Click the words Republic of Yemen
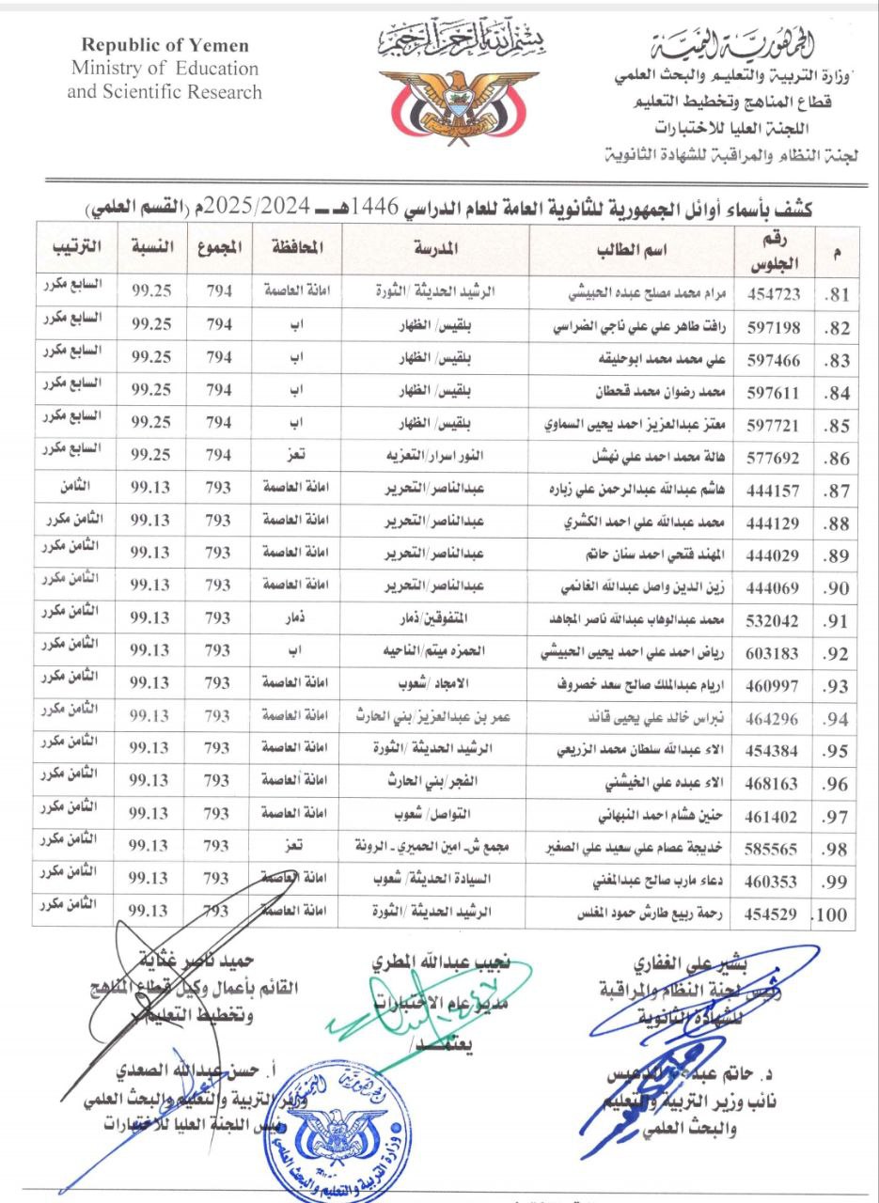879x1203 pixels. [x=165, y=45]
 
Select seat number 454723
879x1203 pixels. [x=774, y=293]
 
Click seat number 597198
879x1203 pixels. [x=774, y=327]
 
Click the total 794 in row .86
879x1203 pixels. [x=219, y=455]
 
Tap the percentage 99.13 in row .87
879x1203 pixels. [x=150, y=488]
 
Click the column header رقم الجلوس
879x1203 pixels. [x=774, y=250]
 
